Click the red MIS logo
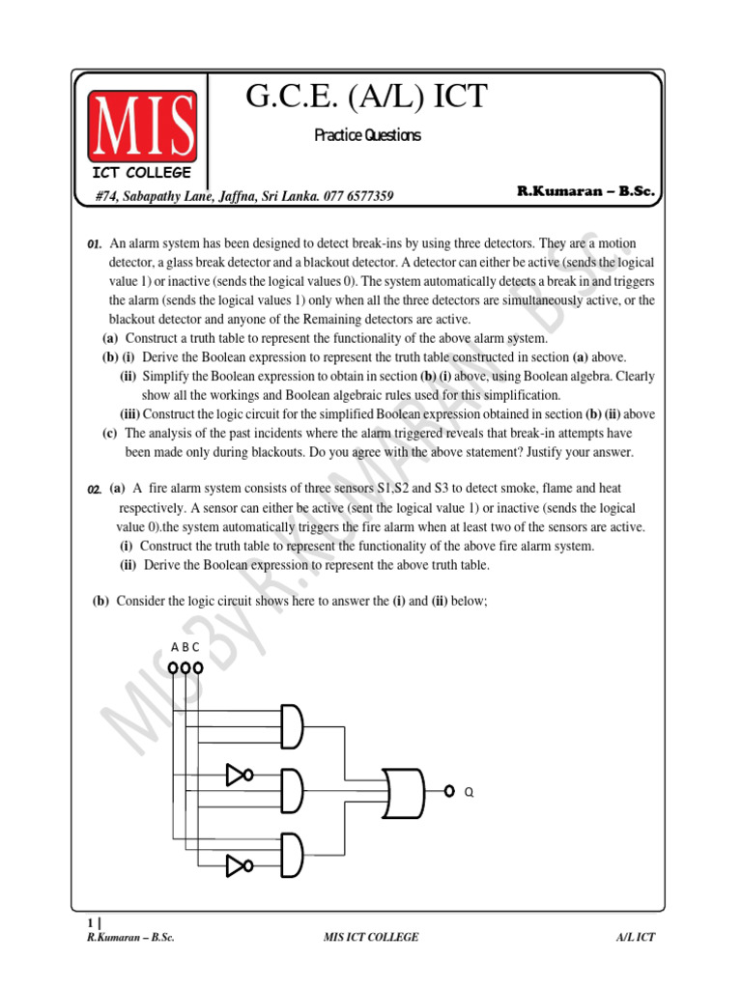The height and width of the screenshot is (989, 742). click(143, 127)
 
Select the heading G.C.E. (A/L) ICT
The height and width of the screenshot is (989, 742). click(367, 98)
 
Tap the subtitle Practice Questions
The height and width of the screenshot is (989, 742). click(367, 136)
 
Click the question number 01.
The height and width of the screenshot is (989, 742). click(95, 245)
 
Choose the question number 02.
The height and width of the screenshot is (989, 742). click(95, 491)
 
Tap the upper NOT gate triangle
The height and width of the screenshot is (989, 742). click(237, 774)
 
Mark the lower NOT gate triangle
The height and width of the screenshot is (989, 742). click(237, 864)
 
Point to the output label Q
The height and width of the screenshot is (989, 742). click(470, 792)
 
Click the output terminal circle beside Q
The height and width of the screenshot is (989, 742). click(449, 790)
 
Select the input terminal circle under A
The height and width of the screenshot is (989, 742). click(173, 667)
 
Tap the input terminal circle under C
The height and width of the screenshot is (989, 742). click(198, 667)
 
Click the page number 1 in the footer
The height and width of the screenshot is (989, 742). click(91, 923)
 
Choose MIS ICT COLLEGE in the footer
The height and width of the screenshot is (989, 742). click(371, 938)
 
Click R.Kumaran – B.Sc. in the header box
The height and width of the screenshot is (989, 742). click(585, 192)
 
